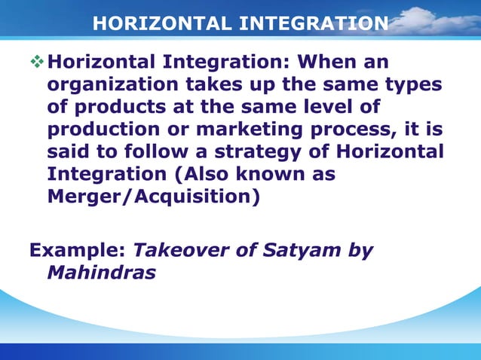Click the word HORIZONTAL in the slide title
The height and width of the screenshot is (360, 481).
[x=155, y=24]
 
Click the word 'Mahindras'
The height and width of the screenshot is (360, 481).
[x=101, y=273]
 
